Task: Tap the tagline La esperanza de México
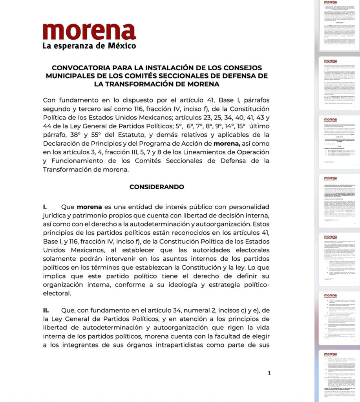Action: [89, 46]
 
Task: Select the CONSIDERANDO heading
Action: [157, 187]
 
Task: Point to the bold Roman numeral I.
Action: [45, 206]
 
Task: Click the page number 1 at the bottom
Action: [269, 373]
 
